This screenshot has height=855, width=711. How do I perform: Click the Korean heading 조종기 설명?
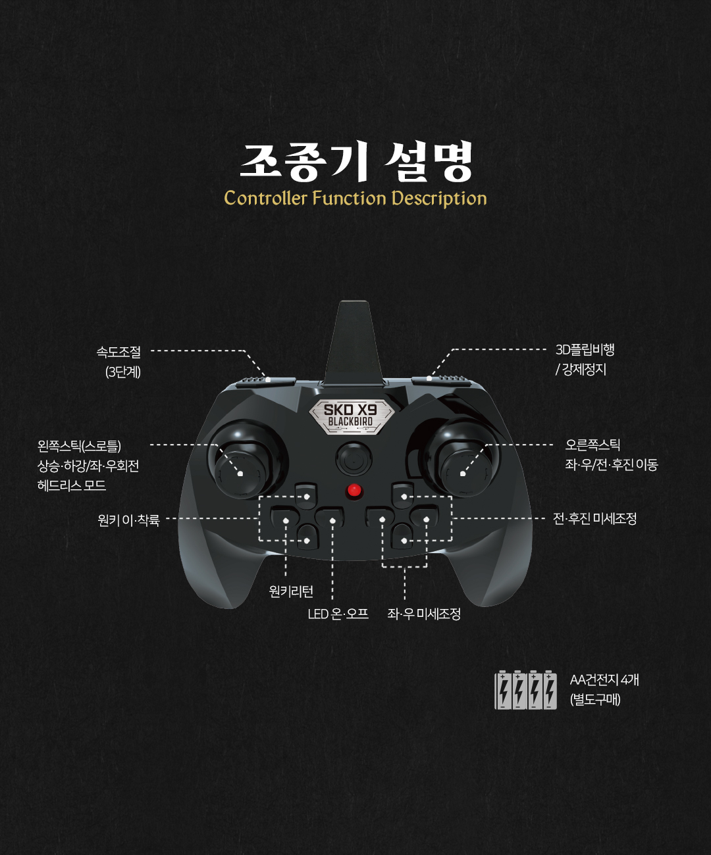356,161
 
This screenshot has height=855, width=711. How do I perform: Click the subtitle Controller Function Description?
355,198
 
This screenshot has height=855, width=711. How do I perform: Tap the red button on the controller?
354,491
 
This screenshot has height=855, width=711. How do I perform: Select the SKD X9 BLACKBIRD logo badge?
351,416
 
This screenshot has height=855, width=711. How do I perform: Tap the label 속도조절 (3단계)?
119,362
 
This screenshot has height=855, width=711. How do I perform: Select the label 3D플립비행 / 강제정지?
585,359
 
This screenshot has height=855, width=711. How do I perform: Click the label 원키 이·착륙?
128,520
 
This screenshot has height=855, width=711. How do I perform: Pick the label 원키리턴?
291,591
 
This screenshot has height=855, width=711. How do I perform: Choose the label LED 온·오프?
338,614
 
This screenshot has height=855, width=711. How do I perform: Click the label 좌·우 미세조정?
424,614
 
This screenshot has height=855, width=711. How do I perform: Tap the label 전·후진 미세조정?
594,519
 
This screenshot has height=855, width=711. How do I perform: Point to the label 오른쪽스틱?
592,445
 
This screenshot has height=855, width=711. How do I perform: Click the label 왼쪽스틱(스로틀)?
79,447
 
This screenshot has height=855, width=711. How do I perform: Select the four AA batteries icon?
525,690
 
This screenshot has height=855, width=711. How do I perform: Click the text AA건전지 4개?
604,680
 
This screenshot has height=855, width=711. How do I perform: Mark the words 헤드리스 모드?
72,485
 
